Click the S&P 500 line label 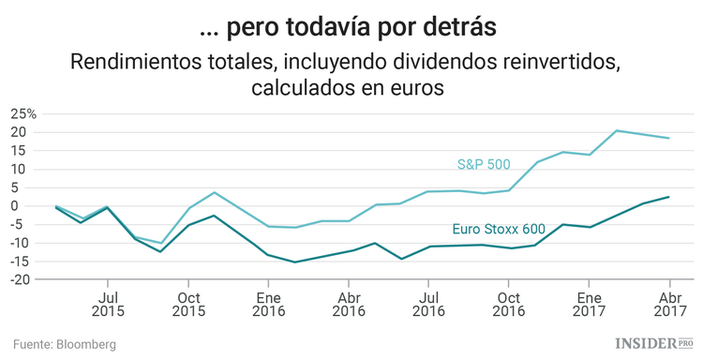click(483, 164)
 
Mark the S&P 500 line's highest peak click(617, 130)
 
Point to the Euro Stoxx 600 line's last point click(668, 197)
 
